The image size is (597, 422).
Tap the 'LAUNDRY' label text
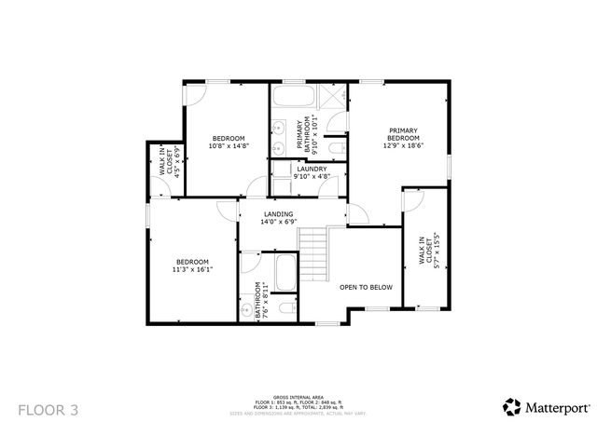pyautogui.click(x=311, y=169)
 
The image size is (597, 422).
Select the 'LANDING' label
pyautogui.click(x=277, y=214)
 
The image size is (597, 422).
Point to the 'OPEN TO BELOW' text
pyautogui.click(x=366, y=287)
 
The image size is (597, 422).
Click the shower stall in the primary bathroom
pyautogui.click(x=332, y=97)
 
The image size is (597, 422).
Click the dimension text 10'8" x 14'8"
pyautogui.click(x=228, y=145)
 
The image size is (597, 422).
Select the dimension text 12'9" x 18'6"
pyautogui.click(x=403, y=145)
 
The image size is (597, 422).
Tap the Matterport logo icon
pyautogui.click(x=512, y=406)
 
